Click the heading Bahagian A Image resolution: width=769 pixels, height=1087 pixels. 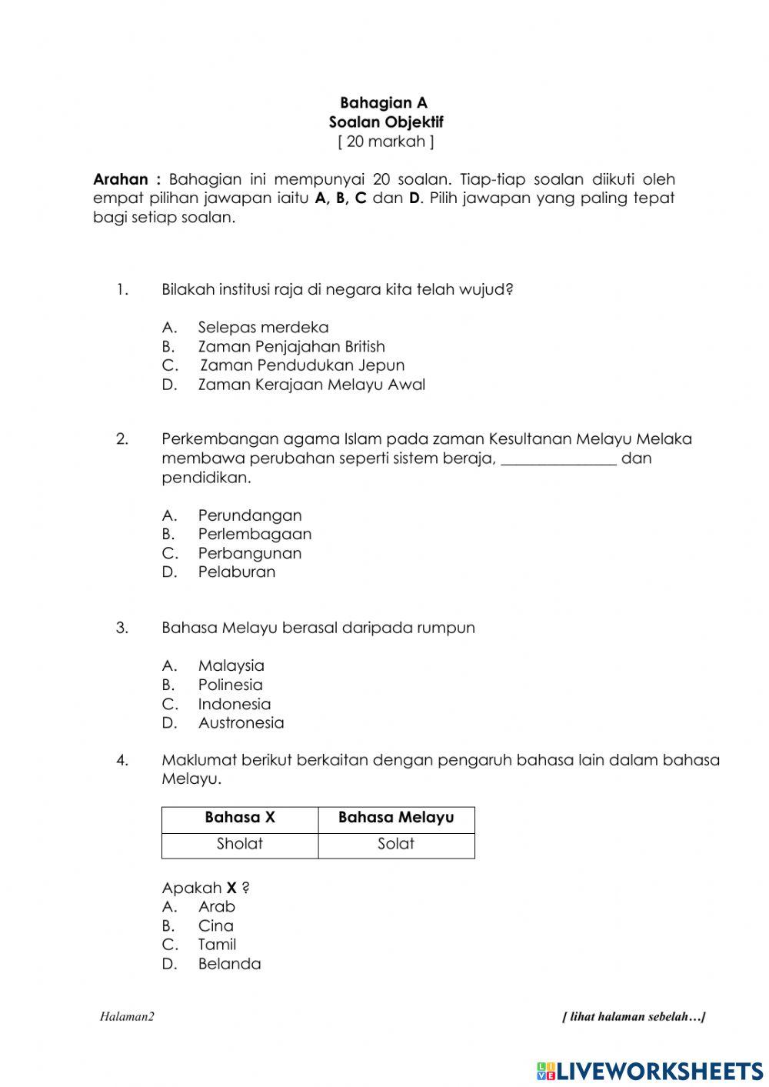(x=384, y=103)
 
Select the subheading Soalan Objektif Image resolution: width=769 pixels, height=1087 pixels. (x=386, y=122)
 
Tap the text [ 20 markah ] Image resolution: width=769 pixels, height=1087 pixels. (x=385, y=142)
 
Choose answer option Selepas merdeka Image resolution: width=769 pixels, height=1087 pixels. (x=263, y=328)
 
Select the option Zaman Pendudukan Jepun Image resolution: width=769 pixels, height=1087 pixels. (x=301, y=365)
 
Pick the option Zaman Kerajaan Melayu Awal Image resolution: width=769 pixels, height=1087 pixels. (x=311, y=385)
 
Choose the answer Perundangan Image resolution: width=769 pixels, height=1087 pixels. (x=250, y=515)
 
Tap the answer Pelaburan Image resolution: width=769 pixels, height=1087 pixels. (x=236, y=572)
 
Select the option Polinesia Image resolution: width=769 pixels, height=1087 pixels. (x=230, y=685)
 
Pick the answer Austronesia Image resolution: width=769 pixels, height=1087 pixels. (x=241, y=722)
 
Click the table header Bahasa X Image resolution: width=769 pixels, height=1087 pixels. (x=240, y=818)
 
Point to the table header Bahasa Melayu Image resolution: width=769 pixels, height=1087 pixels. (x=396, y=818)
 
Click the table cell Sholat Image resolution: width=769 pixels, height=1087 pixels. (x=240, y=844)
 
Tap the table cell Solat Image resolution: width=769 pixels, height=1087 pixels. (x=396, y=844)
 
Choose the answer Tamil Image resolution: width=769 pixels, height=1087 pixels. (x=217, y=945)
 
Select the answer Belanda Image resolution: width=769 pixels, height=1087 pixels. (x=229, y=964)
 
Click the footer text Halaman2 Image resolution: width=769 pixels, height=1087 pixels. (x=127, y=1017)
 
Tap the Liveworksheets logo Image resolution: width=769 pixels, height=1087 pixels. (x=650, y=1071)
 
